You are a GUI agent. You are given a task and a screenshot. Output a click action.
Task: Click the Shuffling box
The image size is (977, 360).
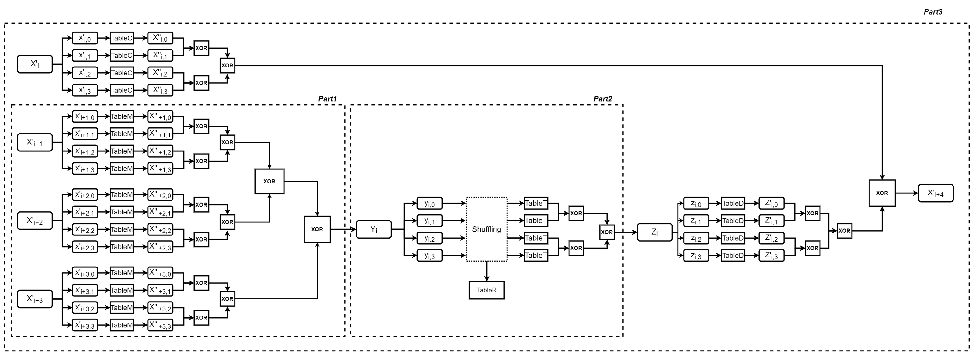(x=486, y=229)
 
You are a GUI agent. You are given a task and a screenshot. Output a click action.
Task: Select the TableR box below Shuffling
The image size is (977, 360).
(x=486, y=290)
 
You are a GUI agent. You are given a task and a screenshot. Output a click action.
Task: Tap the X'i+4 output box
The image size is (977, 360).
(x=935, y=193)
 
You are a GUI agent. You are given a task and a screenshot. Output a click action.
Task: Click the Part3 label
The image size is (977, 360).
(x=933, y=12)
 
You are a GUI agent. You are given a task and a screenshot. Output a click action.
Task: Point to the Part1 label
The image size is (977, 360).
(x=327, y=99)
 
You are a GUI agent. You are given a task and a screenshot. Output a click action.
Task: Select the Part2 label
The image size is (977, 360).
(x=602, y=99)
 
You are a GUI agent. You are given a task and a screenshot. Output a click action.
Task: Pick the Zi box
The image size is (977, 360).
(x=654, y=232)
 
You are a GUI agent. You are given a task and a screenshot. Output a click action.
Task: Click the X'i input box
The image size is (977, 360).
(x=34, y=64)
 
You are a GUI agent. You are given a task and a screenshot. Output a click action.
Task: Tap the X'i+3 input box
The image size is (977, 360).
(x=34, y=299)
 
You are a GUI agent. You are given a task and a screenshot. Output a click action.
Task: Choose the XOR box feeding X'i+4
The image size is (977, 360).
(x=882, y=193)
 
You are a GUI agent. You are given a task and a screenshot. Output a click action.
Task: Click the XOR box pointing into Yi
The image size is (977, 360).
(x=317, y=229)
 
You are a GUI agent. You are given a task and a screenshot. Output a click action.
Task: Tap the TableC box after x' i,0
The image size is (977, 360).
(x=121, y=38)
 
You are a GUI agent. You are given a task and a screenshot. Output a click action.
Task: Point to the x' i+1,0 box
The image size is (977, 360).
(x=85, y=116)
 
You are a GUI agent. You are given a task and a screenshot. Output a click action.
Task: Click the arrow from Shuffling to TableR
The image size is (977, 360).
(x=487, y=271)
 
